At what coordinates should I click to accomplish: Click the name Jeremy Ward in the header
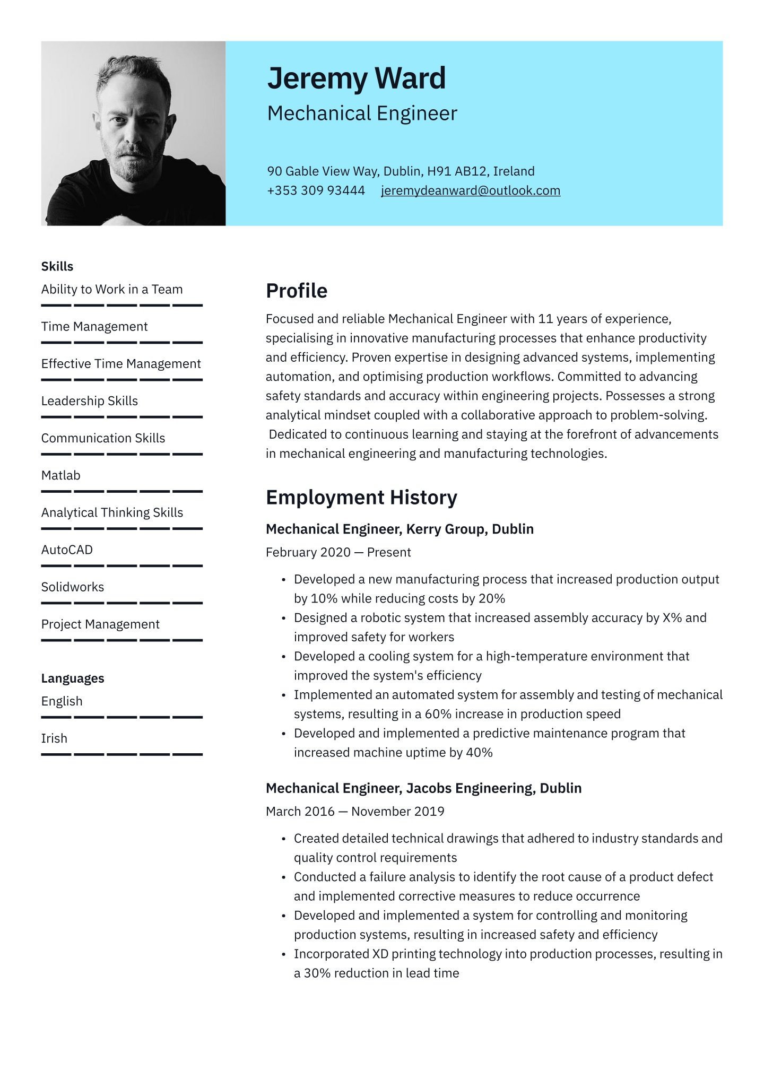tap(356, 79)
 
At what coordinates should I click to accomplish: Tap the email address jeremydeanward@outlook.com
tap(470, 190)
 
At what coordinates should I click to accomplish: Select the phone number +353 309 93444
tap(316, 190)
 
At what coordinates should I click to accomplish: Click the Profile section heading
tap(297, 291)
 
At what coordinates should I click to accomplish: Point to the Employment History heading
tap(361, 498)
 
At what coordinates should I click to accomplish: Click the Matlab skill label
tap(61, 475)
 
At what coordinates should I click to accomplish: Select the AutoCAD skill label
tap(67, 550)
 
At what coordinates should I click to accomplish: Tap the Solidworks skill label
tap(73, 587)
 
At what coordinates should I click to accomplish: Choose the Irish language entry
tap(54, 738)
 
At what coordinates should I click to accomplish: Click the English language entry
tap(62, 701)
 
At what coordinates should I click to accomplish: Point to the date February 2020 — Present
tap(338, 552)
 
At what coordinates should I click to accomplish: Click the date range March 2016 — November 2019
tap(355, 811)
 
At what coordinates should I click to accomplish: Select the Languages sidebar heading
tap(73, 678)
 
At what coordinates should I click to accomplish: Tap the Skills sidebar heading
tap(57, 266)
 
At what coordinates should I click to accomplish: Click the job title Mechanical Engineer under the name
tap(362, 114)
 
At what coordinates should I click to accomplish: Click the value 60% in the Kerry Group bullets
tap(438, 714)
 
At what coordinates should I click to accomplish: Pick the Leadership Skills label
tap(90, 401)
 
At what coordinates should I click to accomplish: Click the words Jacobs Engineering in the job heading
tap(469, 788)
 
